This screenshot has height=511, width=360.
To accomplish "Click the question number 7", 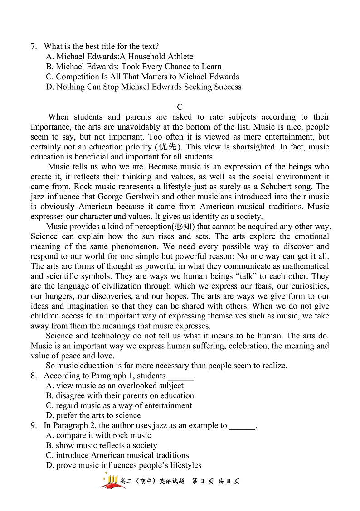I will coord(33,47).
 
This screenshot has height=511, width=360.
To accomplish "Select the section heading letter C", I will coord(180,107).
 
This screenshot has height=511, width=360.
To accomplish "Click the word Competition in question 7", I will coord(78,77).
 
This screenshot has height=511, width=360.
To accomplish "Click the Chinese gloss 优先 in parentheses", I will coord(168,147).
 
